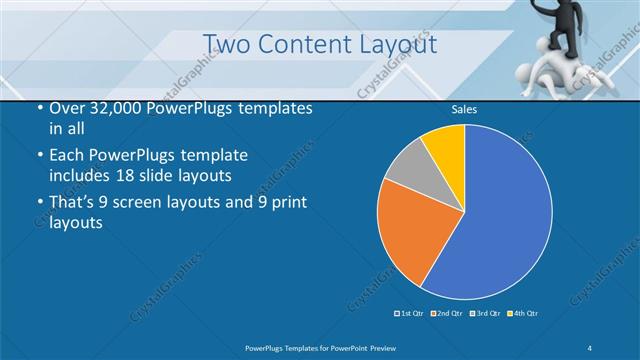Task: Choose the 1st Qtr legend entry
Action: point(412,314)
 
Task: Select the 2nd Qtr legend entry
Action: point(448,314)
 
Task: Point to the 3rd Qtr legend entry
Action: point(486,314)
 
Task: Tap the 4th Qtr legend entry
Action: point(523,314)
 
